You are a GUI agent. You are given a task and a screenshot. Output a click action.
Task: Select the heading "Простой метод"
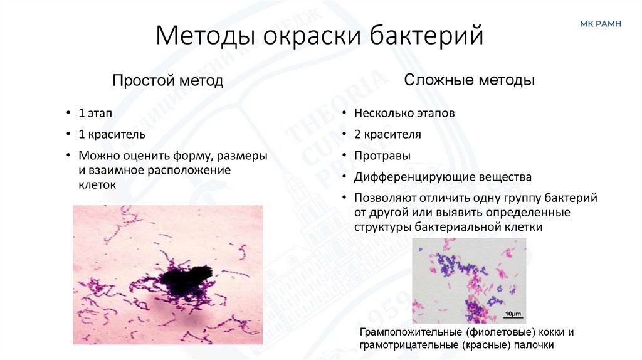click(x=167, y=81)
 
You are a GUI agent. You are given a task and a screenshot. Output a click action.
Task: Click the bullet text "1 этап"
click(x=96, y=114)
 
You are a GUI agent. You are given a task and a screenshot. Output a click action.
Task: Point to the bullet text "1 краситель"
click(x=112, y=134)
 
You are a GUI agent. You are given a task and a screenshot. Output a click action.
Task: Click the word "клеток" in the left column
click(x=98, y=185)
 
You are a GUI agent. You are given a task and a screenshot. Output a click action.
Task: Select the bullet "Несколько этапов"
click(x=404, y=114)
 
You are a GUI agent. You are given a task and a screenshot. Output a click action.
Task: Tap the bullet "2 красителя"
click(x=387, y=134)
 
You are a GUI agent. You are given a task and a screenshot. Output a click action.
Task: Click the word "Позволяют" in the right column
click(x=383, y=198)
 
